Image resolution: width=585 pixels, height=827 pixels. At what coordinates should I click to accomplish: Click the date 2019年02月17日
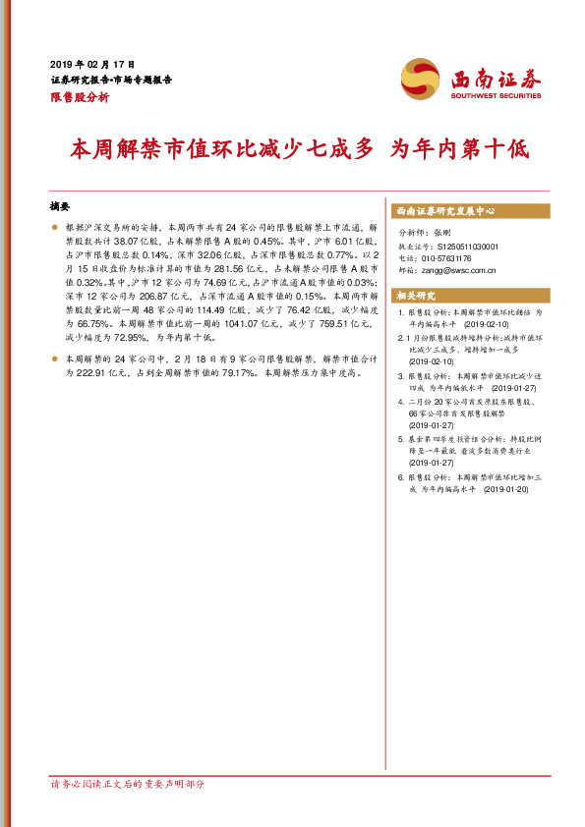(91, 63)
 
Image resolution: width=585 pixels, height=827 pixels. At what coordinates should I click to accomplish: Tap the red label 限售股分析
(80, 98)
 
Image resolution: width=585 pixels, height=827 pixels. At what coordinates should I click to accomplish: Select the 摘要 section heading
(60, 207)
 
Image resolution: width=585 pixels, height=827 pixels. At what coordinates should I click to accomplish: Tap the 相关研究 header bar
(417, 295)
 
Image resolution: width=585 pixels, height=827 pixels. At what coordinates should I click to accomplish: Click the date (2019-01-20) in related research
(506, 487)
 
